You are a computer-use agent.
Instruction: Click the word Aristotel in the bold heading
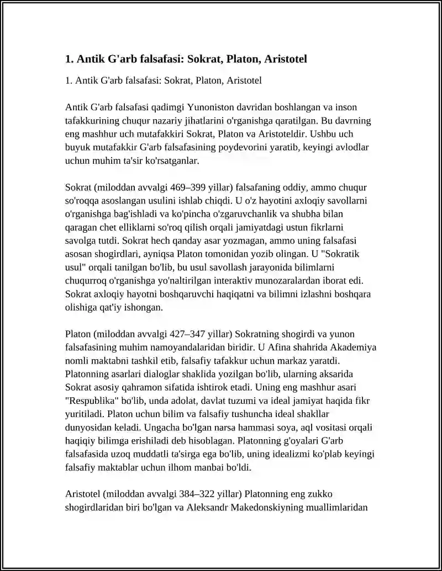(282, 58)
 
